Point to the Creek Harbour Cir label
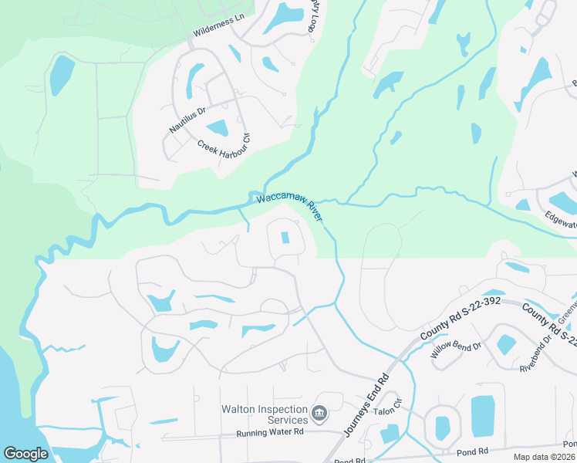pyautogui.click(x=224, y=144)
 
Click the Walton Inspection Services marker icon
pyautogui.click(x=319, y=414)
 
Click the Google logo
pyautogui.click(x=25, y=453)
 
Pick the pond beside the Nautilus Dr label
pyautogui.click(x=218, y=128)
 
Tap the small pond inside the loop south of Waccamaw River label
pyautogui.click(x=286, y=238)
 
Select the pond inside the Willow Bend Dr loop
pyautogui.click(x=507, y=344)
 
